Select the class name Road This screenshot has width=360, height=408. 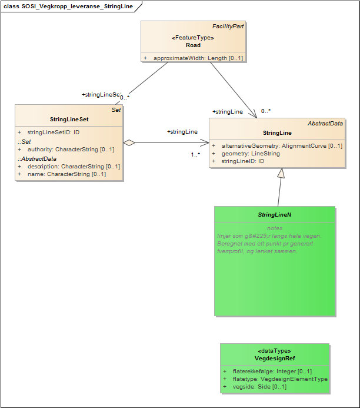pyautogui.click(x=193, y=45)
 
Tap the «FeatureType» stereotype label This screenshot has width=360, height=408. pyautogui.click(x=193, y=38)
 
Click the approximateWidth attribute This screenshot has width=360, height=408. pyautogui.click(x=198, y=58)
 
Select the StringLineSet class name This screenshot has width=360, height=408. pyautogui.click(x=69, y=120)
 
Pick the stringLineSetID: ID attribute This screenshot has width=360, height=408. pyautogui.click(x=53, y=132)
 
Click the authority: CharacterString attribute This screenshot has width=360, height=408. pyautogui.click(x=71, y=150)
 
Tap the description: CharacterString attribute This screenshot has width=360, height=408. pyautogui.click(x=74, y=167)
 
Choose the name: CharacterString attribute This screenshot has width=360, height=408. pyautogui.click(x=66, y=174)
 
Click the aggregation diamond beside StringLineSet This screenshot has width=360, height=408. pyautogui.click(x=129, y=142)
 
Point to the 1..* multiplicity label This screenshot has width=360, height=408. pyautogui.click(x=195, y=154)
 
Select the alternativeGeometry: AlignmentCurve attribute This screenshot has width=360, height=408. pyautogui.click(x=281, y=145)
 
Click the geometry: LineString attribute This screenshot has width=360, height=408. pyautogui.click(x=251, y=153)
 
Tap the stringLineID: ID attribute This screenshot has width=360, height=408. pyautogui.click(x=242, y=161)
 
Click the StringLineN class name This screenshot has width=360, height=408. pyautogui.click(x=275, y=215)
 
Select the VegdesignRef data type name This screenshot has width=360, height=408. pyautogui.click(x=275, y=358)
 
